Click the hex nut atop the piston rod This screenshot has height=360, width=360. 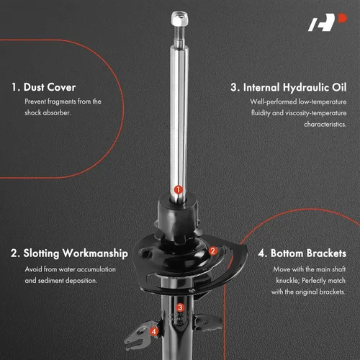pyautogui.click(x=180, y=18)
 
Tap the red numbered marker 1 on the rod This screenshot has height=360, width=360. pyautogui.click(x=179, y=189)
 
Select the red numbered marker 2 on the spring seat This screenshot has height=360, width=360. pyautogui.click(x=212, y=251)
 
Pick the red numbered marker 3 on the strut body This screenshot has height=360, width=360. pyautogui.click(x=180, y=307)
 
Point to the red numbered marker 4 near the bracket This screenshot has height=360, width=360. pyautogui.click(x=154, y=332)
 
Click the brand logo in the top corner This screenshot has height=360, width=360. pyautogui.click(x=328, y=22)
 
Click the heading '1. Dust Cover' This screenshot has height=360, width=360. pyautogui.click(x=44, y=87)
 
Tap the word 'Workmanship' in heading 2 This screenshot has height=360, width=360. pyautogui.click(x=95, y=253)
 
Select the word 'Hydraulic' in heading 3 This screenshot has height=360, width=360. pyautogui.click(x=305, y=88)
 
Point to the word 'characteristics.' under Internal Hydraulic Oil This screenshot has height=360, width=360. pyautogui.click(x=325, y=125)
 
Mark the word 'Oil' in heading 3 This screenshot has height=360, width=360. pyautogui.click(x=339, y=87)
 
